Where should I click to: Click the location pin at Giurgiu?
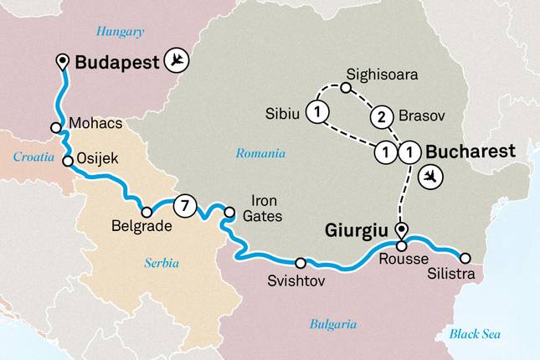pyautogui.click(x=400, y=229)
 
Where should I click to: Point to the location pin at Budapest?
pyautogui.click(x=62, y=61)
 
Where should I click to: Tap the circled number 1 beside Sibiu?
pyautogui.click(x=317, y=111)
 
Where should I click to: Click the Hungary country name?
pyautogui.click(x=120, y=32)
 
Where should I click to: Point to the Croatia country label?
pyautogui.click(x=34, y=157)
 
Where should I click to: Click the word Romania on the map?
pyautogui.click(x=260, y=153)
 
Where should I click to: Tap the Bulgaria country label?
pyautogui.click(x=333, y=324)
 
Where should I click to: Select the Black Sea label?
pyautogui.click(x=475, y=334)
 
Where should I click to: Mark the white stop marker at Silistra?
pyautogui.click(x=466, y=258)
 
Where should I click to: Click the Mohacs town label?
pyautogui.click(x=97, y=124)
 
